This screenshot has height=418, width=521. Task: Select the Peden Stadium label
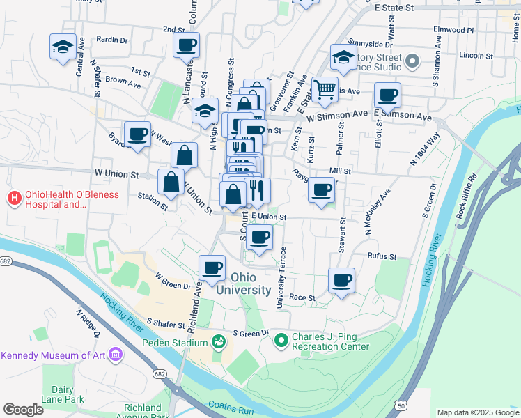[171, 342]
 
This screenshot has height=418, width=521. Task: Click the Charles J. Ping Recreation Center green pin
[281, 341]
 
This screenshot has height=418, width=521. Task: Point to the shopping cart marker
[325, 89]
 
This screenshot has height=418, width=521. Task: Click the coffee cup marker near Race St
[341, 280]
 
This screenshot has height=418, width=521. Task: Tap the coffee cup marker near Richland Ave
[212, 268]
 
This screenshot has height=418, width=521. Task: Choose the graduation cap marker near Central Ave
[63, 47]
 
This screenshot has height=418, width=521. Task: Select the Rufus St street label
[382, 256]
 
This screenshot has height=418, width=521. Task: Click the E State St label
[394, 8]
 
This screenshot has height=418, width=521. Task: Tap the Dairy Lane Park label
[63, 395]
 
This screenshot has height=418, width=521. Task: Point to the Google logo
[24, 409]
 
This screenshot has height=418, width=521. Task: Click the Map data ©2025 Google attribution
[478, 412]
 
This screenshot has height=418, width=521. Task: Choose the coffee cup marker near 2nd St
[186, 45]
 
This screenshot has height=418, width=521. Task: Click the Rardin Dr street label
[112, 40]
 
